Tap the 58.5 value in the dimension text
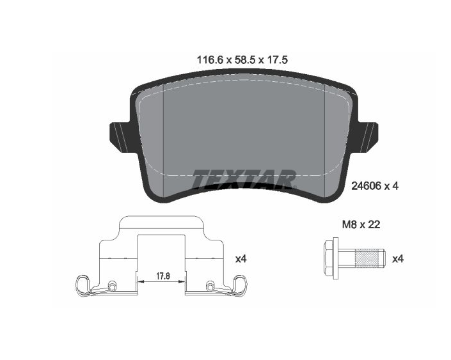245,60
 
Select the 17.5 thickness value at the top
278,60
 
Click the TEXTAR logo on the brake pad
244,179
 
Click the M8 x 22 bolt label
361,224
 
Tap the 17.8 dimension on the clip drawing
163,276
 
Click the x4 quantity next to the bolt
398,259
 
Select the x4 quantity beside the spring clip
241,259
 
